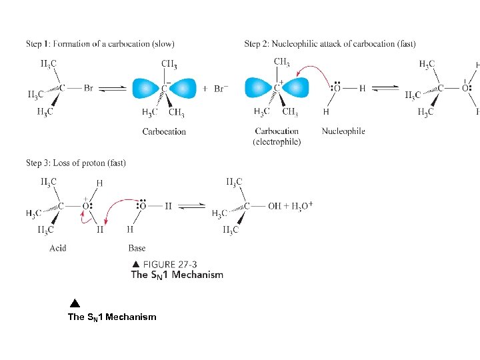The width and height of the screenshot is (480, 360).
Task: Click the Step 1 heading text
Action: [x=100, y=44]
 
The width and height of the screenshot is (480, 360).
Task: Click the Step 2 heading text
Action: [x=330, y=44]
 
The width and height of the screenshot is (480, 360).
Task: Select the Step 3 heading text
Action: [x=76, y=163]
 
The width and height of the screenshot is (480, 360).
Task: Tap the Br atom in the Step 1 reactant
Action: [x=89, y=88]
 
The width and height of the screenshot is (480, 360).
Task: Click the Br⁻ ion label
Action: [x=221, y=88]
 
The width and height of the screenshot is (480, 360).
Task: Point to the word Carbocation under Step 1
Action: [x=164, y=131]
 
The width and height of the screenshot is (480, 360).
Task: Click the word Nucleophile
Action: [x=343, y=131]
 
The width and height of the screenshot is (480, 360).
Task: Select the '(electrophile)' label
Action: [x=277, y=141]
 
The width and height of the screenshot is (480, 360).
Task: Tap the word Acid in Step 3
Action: [x=58, y=248]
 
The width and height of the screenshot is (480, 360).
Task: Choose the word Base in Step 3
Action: [x=137, y=248]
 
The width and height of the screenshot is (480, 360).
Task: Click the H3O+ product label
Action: [x=299, y=205]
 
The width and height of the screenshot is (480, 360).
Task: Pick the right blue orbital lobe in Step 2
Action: [x=297, y=88]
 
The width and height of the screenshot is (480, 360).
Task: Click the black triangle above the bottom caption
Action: [x=75, y=303]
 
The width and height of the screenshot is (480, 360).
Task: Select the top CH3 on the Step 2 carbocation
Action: [x=281, y=62]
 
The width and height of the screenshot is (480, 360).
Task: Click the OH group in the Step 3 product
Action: [x=275, y=206]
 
